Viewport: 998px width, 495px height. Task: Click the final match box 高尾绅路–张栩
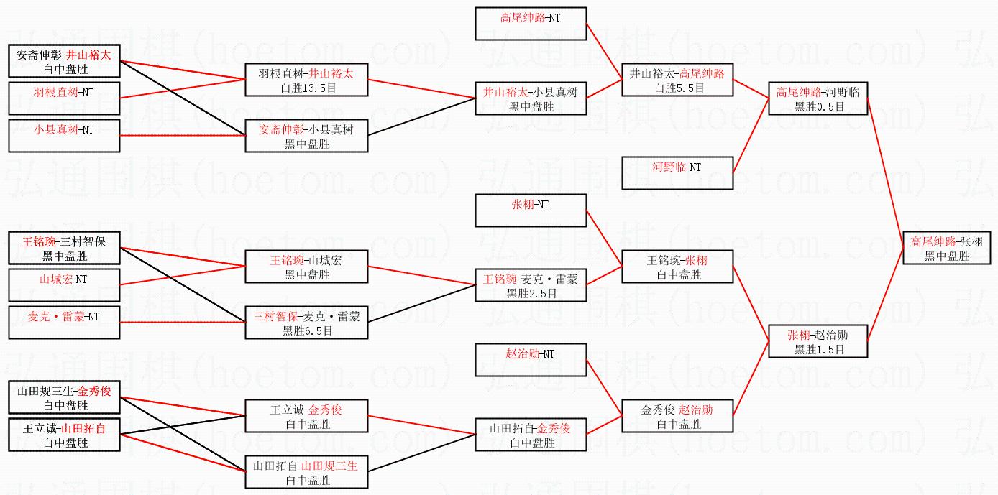947,248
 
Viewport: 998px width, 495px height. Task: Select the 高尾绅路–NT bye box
531,24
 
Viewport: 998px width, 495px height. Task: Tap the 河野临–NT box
677,173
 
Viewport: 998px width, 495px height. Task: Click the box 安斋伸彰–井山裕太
64,61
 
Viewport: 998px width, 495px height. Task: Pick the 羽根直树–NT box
64,98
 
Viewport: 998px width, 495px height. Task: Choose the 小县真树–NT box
64,136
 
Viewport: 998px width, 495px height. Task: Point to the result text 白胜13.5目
307,88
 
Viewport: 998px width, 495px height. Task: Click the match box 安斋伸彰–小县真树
307,136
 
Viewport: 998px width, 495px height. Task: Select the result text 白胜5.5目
677,88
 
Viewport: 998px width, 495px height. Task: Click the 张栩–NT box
531,211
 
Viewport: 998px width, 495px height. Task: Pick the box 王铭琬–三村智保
64,248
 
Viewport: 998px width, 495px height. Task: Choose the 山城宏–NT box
64,285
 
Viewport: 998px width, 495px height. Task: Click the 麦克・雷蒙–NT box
64,323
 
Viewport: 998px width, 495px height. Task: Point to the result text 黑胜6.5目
307,331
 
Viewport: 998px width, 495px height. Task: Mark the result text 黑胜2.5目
531,294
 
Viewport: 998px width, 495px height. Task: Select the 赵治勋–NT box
531,360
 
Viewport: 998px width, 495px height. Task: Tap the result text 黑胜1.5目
818,350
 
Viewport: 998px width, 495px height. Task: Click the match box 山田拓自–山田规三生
307,472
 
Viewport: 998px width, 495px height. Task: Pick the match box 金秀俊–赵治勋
677,416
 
